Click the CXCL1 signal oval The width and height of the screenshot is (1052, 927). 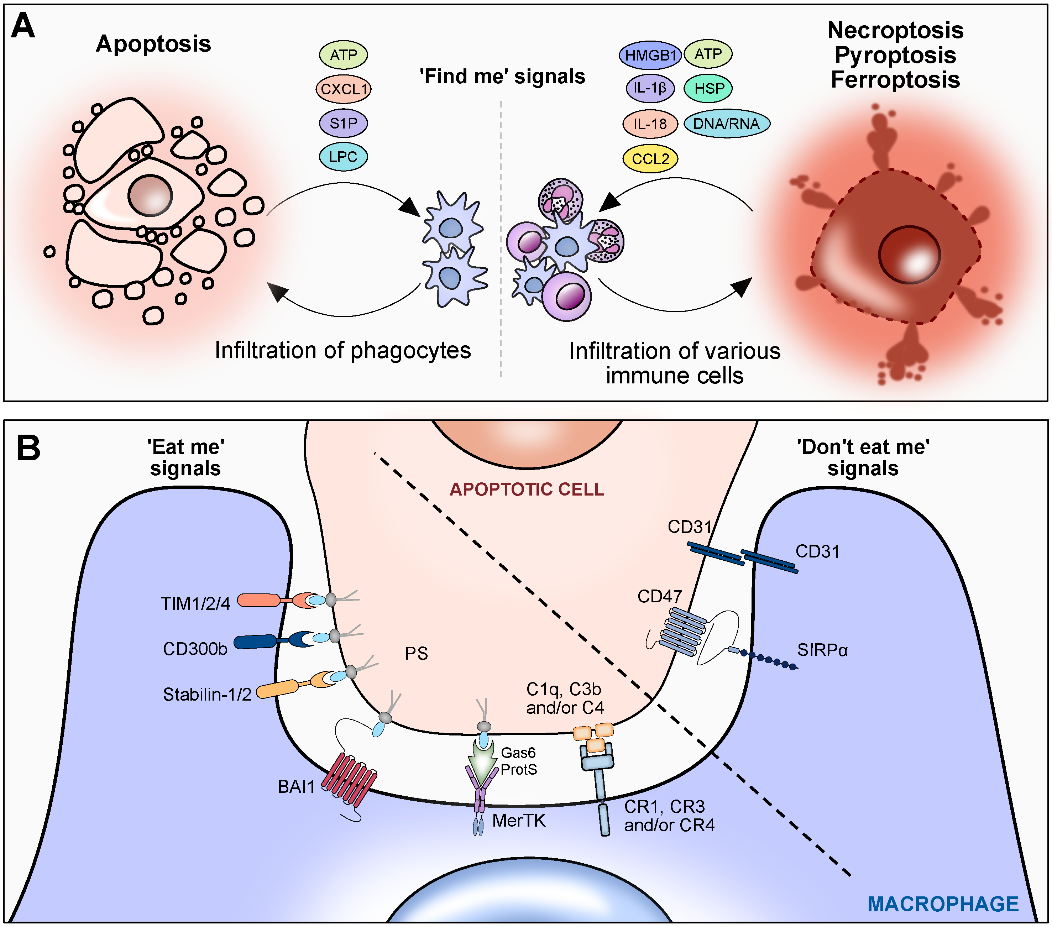(343, 89)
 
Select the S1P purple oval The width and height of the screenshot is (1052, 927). (343, 123)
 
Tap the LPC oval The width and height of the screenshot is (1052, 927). (343, 157)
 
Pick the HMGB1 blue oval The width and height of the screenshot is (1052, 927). (650, 55)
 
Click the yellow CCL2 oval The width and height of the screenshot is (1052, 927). (650, 158)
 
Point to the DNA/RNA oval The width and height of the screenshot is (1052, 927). (726, 124)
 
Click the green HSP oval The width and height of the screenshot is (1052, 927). (708, 89)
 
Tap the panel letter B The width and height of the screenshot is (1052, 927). (28, 448)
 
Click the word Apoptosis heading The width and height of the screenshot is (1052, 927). (153, 44)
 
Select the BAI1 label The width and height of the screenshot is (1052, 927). (296, 786)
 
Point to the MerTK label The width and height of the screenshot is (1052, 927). (518, 821)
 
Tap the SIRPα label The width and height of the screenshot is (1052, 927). (822, 650)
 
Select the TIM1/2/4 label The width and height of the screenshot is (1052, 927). (195, 603)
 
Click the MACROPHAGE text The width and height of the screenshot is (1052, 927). (943, 904)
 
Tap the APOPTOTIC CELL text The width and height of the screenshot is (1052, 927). (527, 489)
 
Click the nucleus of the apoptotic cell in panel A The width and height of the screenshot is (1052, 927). (150, 195)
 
